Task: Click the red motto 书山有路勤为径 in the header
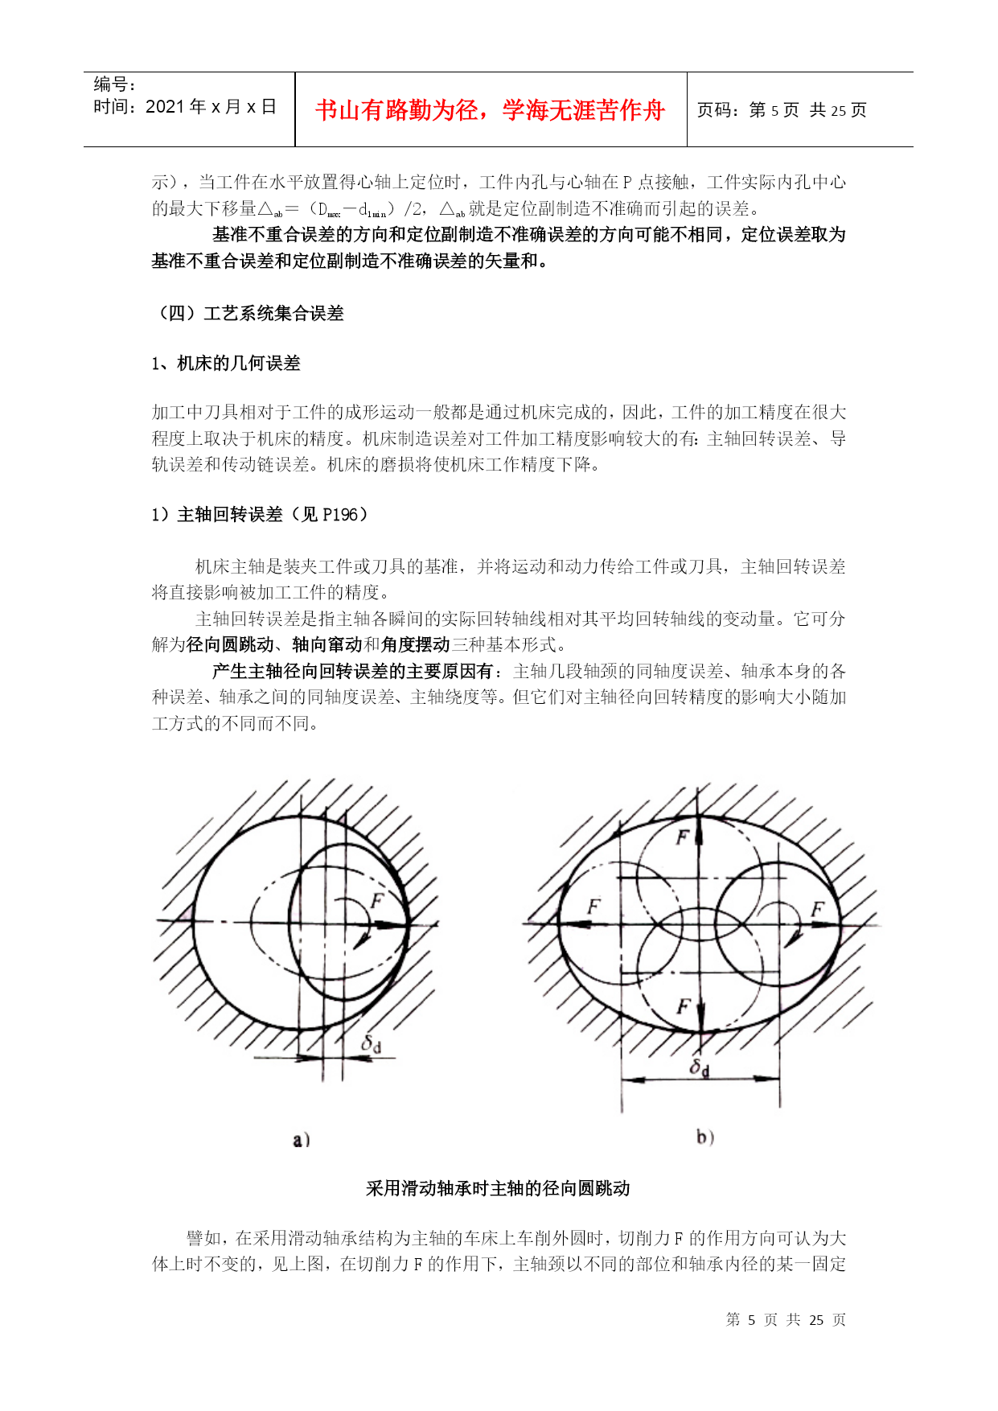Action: point(490,110)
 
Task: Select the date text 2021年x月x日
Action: point(211,107)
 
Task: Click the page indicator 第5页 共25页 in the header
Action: point(782,110)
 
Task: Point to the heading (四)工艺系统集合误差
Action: point(248,314)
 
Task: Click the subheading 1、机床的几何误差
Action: point(226,364)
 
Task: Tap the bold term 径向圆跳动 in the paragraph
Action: point(230,644)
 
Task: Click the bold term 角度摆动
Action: point(415,644)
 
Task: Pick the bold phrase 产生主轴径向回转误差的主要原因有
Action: point(352,671)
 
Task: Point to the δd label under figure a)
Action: point(371,1044)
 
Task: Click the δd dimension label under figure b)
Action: point(700,1068)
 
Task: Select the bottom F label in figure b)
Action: point(684,1006)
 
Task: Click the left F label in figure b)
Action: point(593,907)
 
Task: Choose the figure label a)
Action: point(302,1140)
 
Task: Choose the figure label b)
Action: point(705,1137)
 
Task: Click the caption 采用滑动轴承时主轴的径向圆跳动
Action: point(498,1188)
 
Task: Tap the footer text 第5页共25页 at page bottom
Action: point(785,1320)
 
